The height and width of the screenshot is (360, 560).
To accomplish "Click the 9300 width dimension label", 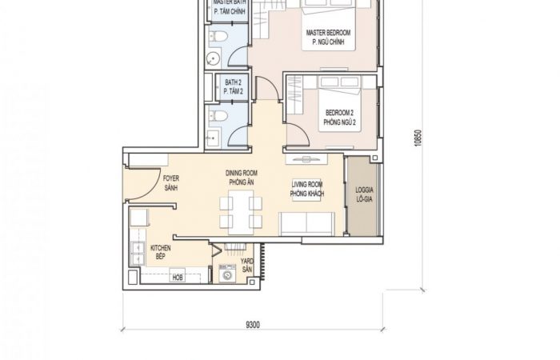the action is (253, 325).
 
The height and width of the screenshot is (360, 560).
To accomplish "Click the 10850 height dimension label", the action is (418, 138).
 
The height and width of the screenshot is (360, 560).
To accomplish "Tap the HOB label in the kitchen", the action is (178, 277).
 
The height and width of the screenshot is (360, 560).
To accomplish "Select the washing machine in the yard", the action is (227, 274).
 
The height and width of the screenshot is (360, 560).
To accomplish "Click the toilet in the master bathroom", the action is (218, 37).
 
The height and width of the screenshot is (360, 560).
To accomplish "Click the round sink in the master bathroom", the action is (214, 59).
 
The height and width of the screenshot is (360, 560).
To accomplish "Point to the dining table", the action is (241, 212).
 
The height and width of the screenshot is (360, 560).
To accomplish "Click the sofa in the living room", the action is (306, 224).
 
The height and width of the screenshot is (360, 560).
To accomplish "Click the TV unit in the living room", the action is (306, 159).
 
